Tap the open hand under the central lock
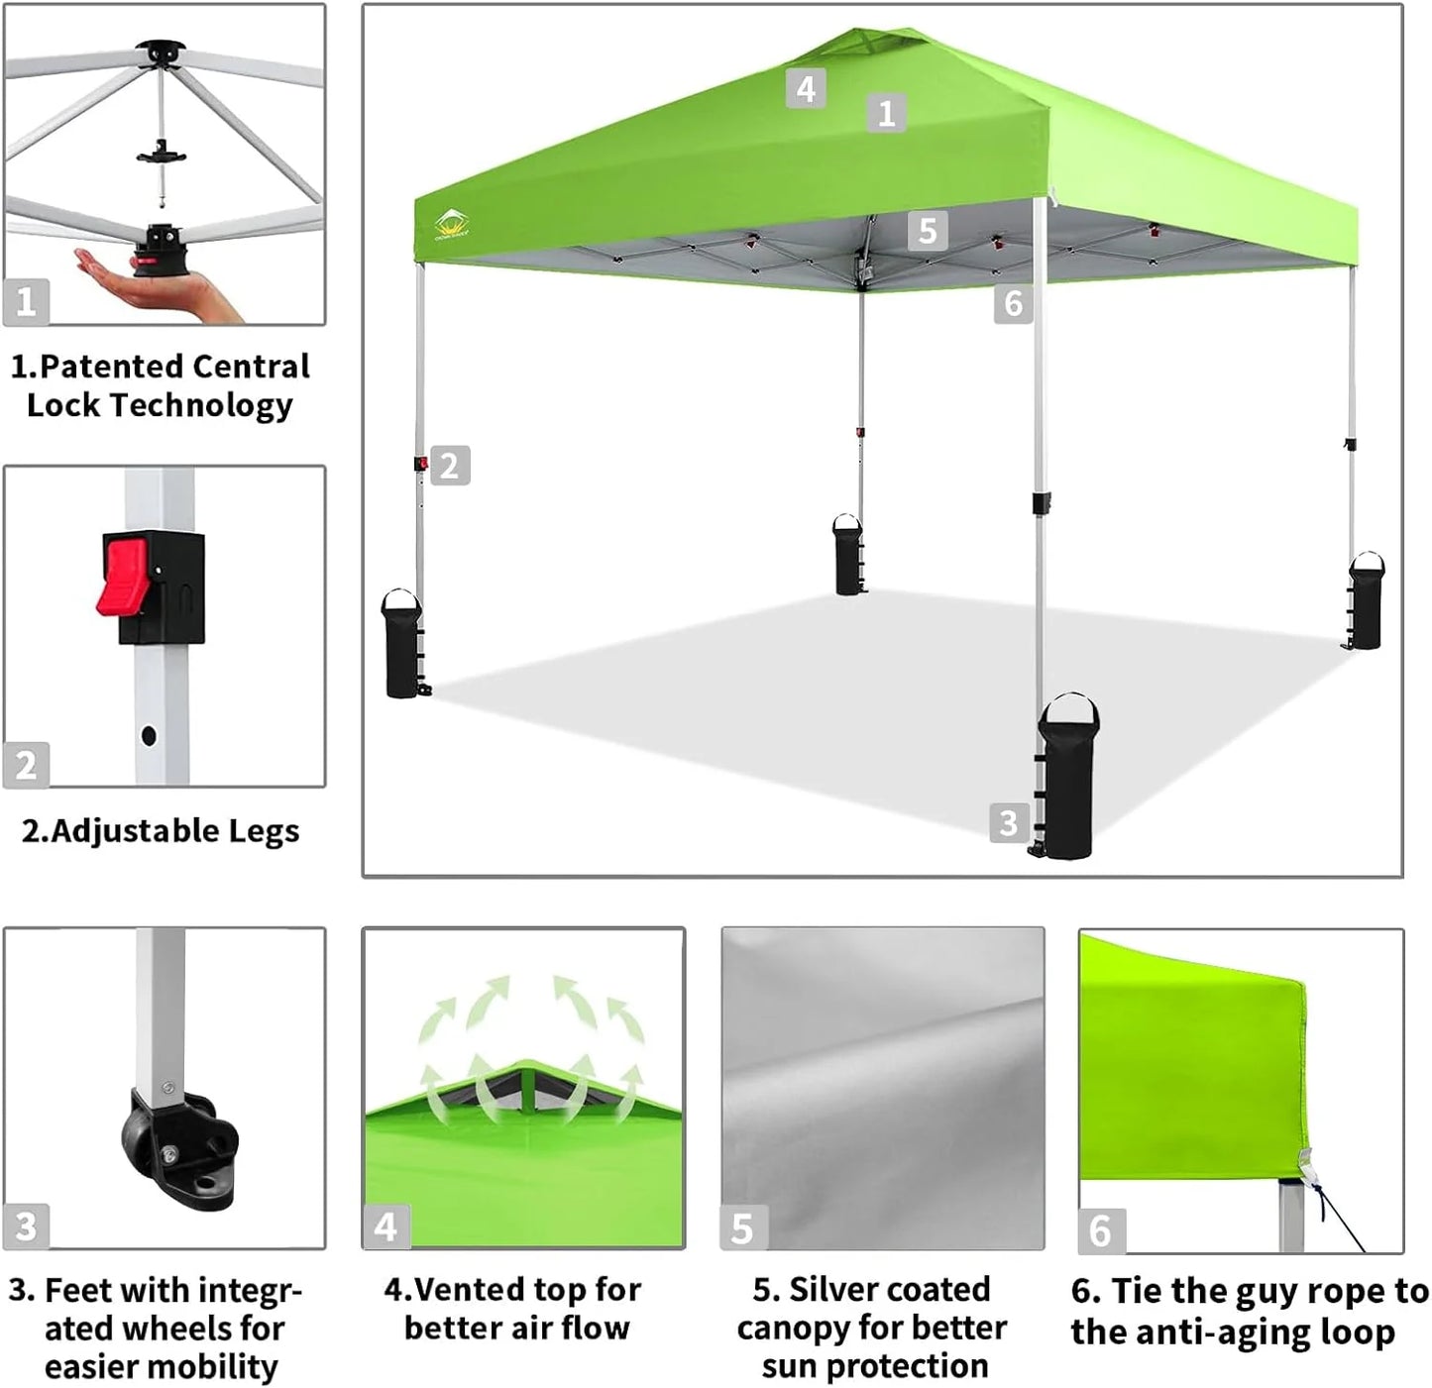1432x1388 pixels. click(149, 287)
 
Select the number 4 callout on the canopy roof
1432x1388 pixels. click(806, 89)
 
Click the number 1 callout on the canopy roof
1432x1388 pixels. click(886, 113)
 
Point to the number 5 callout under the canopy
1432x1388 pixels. click(927, 231)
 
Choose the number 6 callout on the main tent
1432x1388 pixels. click(1013, 303)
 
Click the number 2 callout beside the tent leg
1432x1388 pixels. click(449, 466)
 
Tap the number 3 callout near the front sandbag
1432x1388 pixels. click(1008, 822)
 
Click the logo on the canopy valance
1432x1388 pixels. click(451, 225)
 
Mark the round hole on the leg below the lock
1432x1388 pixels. click(149, 736)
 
